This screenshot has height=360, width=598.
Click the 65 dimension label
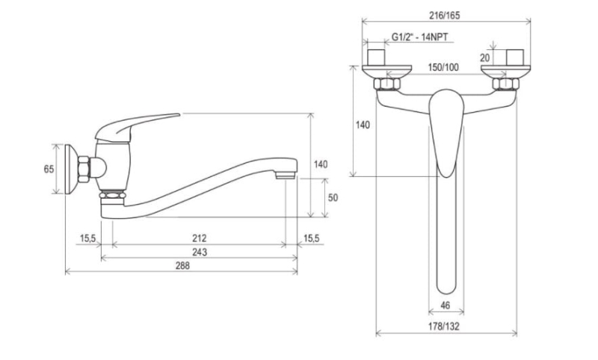(49, 169)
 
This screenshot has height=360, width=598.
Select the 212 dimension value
(198, 238)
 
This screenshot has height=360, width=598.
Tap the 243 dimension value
(198, 252)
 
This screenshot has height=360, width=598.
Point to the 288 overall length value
(182, 266)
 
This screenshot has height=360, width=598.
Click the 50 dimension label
(333, 197)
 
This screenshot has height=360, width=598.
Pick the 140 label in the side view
(321, 164)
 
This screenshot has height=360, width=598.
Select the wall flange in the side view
(73, 169)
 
